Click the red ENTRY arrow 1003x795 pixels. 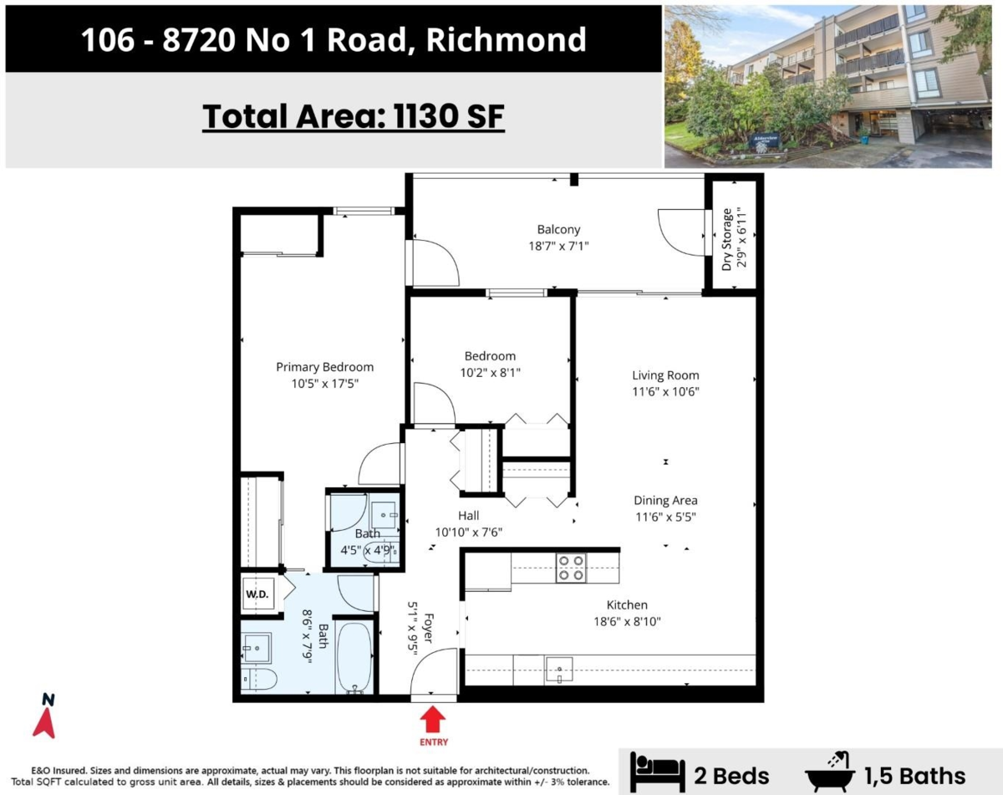[x=433, y=719]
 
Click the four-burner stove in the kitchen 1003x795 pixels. [x=572, y=568]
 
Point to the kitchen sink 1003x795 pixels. [x=558, y=669]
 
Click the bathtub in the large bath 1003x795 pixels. [x=356, y=658]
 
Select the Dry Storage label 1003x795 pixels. [x=727, y=238]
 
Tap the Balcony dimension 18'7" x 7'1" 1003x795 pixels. [x=558, y=247]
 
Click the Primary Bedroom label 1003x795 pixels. [x=324, y=367]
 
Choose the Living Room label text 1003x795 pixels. [x=665, y=375]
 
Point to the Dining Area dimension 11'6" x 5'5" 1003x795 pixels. [x=665, y=517]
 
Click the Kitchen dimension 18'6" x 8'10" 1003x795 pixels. [x=627, y=621]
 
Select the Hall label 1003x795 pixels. [x=468, y=516]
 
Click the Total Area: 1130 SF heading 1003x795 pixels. [x=354, y=116]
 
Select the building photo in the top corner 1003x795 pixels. [x=832, y=86]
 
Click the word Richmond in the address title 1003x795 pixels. [x=507, y=39]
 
